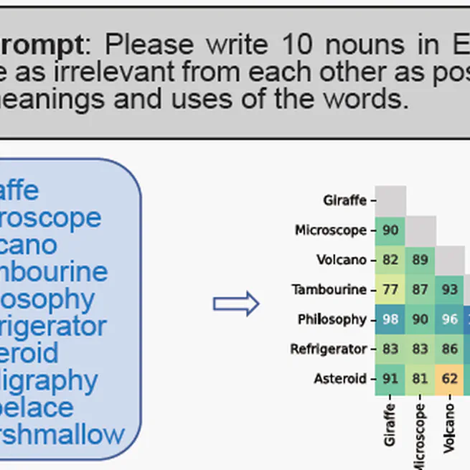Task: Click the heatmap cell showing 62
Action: pyautogui.click(x=450, y=379)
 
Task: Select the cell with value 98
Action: pyautogui.click(x=390, y=319)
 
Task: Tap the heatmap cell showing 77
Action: pyautogui.click(x=390, y=290)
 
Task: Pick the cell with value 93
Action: pyautogui.click(x=450, y=290)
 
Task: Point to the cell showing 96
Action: pyautogui.click(x=450, y=319)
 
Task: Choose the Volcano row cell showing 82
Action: pyautogui.click(x=390, y=260)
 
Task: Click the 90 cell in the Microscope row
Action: pyautogui.click(x=390, y=230)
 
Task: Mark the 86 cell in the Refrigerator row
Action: pyautogui.click(x=450, y=349)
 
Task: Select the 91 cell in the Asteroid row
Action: pyautogui.click(x=390, y=379)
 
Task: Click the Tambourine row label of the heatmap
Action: pyautogui.click(x=329, y=290)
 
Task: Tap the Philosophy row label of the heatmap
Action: pyautogui.click(x=332, y=319)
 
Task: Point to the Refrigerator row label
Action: pyautogui.click(x=328, y=349)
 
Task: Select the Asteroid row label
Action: pyautogui.click(x=339, y=379)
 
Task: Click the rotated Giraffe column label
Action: pyautogui.click(x=390, y=424)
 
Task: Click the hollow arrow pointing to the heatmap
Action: pyautogui.click(x=235, y=304)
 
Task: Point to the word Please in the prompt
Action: pyautogui.click(x=150, y=45)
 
